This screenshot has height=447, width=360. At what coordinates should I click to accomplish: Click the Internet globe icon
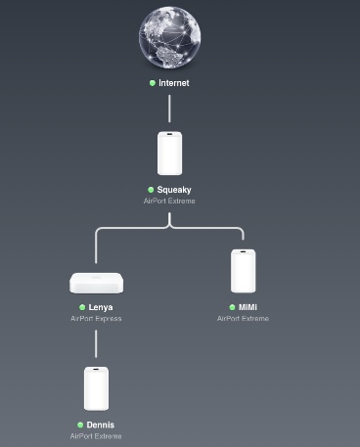(169, 39)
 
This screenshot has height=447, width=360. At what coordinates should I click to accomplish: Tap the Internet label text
(174, 83)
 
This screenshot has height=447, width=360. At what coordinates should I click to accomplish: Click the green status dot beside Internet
(152, 83)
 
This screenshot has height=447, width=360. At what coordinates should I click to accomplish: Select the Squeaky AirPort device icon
(169, 153)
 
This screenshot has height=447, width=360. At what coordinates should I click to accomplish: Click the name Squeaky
(174, 190)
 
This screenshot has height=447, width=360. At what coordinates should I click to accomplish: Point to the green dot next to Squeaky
(151, 190)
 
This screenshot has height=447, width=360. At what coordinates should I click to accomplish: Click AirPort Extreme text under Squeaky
(169, 201)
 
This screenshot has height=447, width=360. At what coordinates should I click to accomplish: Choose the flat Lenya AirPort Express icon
(96, 283)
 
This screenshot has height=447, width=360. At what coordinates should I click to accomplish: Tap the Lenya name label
(101, 307)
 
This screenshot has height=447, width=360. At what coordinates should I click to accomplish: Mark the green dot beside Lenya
(81, 307)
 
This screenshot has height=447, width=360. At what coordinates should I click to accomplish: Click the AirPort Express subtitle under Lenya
(96, 318)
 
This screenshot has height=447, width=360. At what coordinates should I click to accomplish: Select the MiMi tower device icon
(244, 271)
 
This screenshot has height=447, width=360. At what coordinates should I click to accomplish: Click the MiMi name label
(248, 307)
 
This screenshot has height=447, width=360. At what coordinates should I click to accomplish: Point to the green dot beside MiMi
(232, 307)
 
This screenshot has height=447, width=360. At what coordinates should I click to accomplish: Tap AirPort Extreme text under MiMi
(244, 318)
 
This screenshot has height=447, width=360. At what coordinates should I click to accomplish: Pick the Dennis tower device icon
(96, 388)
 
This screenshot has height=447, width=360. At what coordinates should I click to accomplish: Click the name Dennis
(101, 425)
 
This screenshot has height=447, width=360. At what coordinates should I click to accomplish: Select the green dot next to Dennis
(80, 425)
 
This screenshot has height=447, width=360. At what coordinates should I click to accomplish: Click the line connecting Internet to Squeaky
(169, 108)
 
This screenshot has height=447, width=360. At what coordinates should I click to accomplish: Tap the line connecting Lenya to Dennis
(96, 342)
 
